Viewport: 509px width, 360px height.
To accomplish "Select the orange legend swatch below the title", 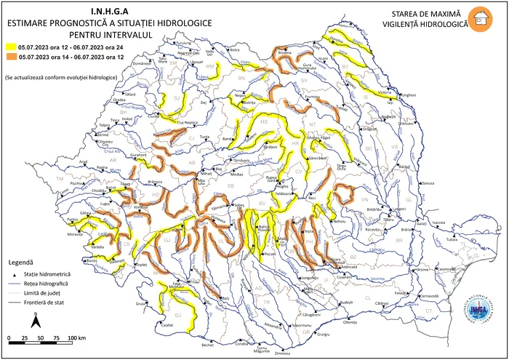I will coord(10,55).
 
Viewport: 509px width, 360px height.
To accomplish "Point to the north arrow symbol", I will coord(35,320).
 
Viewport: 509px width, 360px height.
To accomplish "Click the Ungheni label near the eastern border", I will coord(408,95).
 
